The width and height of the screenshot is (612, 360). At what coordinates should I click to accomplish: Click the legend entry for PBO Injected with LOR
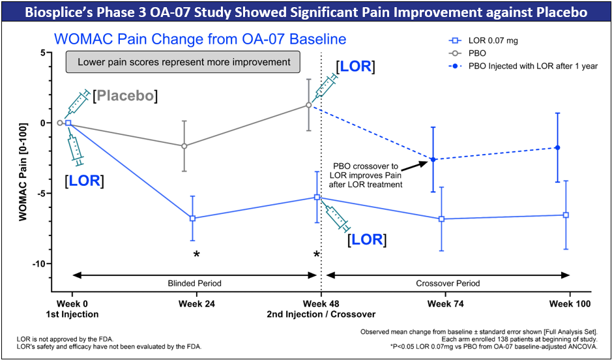coord(532,66)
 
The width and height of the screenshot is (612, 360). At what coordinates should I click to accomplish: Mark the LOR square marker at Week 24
coord(193,218)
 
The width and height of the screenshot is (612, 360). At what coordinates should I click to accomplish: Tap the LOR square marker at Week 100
coord(566,215)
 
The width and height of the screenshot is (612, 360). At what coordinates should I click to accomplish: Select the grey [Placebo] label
coord(125,97)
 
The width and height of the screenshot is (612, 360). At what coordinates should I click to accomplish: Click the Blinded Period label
coord(195,284)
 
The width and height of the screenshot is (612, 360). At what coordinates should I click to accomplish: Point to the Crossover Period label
coord(448,284)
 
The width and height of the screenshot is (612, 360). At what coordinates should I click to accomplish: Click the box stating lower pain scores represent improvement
coord(182,63)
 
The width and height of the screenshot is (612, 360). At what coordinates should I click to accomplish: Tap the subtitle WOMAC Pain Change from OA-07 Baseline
coord(200,40)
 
